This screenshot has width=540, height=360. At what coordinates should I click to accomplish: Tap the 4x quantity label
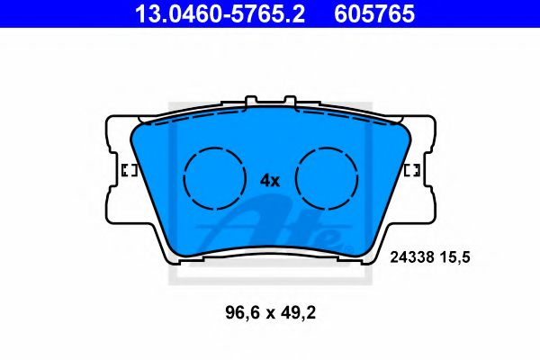point(270,180)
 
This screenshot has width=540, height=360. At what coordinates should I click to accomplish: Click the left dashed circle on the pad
point(214,176)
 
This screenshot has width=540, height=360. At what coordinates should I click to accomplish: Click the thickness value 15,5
point(456,256)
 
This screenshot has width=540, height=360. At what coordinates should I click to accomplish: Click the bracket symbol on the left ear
point(127,171)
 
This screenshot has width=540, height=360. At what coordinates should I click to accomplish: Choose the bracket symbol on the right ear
point(414,171)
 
